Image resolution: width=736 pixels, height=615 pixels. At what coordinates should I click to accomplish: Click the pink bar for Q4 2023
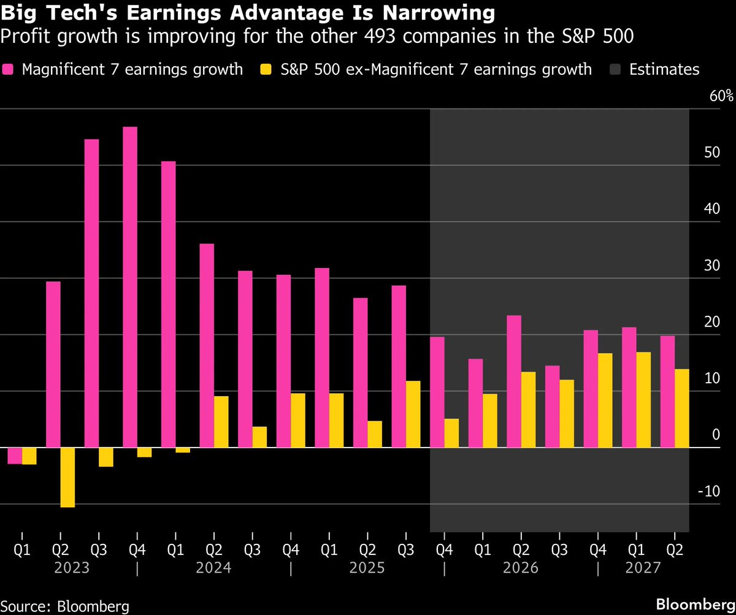tap(130, 287)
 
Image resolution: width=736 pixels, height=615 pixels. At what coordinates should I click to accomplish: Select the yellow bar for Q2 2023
tap(67, 477)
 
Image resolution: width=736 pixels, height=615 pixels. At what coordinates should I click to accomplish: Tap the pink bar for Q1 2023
tap(15, 456)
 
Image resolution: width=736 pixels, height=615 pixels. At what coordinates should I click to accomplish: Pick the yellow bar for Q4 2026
tap(605, 400)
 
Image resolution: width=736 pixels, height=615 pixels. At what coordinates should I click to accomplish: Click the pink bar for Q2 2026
tap(514, 381)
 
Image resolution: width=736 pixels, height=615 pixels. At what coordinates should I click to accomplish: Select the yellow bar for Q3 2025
tap(413, 414)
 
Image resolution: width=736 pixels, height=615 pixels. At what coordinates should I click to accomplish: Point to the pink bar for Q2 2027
tap(668, 392)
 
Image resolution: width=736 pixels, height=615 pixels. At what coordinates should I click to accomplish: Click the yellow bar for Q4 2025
tap(451, 433)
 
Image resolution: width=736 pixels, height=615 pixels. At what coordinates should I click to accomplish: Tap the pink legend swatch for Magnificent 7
tap(8, 69)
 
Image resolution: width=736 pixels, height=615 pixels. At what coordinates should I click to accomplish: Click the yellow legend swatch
tap(266, 69)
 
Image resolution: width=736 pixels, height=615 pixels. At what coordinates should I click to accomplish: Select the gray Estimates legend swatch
tap(615, 69)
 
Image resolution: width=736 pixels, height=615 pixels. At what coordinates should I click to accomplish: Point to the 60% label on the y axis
tap(721, 96)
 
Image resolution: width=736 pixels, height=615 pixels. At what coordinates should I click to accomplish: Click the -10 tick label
tap(709, 491)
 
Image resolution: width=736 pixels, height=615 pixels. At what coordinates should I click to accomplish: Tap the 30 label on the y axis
tap(711, 265)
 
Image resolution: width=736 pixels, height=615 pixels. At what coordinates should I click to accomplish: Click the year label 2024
tap(213, 568)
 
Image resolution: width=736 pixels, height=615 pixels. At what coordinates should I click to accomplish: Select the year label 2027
tap(643, 568)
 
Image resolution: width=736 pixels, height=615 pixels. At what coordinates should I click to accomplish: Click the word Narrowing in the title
tap(439, 13)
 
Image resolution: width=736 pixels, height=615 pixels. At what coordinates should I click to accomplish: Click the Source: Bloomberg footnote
tap(65, 606)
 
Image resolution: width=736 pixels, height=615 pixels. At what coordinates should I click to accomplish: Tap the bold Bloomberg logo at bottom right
tap(696, 605)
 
